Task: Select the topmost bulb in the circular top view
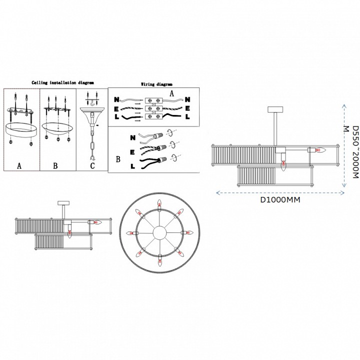tap(160, 204)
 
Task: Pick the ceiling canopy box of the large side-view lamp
tap(275, 110)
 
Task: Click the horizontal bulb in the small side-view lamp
tap(98, 221)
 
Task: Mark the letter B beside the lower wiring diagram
tap(118, 160)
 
